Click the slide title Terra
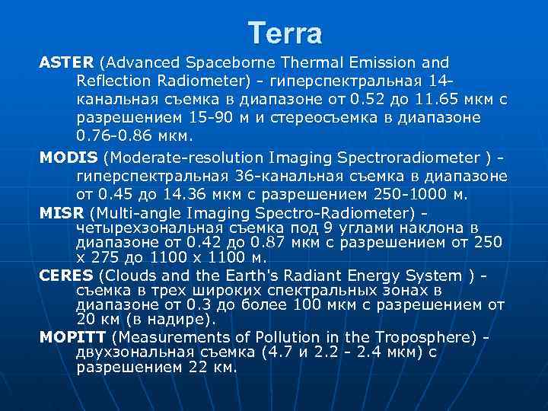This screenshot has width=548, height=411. pos(285,33)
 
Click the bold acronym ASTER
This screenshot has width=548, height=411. pos(66,62)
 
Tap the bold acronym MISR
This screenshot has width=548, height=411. pos(62,212)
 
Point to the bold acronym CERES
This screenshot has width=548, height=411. pos(66,276)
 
